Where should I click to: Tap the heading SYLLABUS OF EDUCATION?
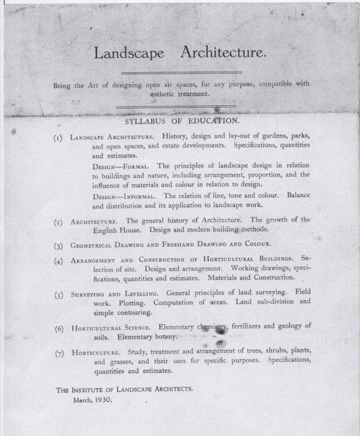(182, 121)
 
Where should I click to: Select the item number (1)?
(59, 137)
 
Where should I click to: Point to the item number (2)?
(59, 221)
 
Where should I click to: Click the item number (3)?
(59, 244)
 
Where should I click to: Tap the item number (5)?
(59, 295)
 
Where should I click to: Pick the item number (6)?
(59, 328)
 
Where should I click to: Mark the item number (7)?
(59, 353)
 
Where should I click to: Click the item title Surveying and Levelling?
(115, 295)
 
